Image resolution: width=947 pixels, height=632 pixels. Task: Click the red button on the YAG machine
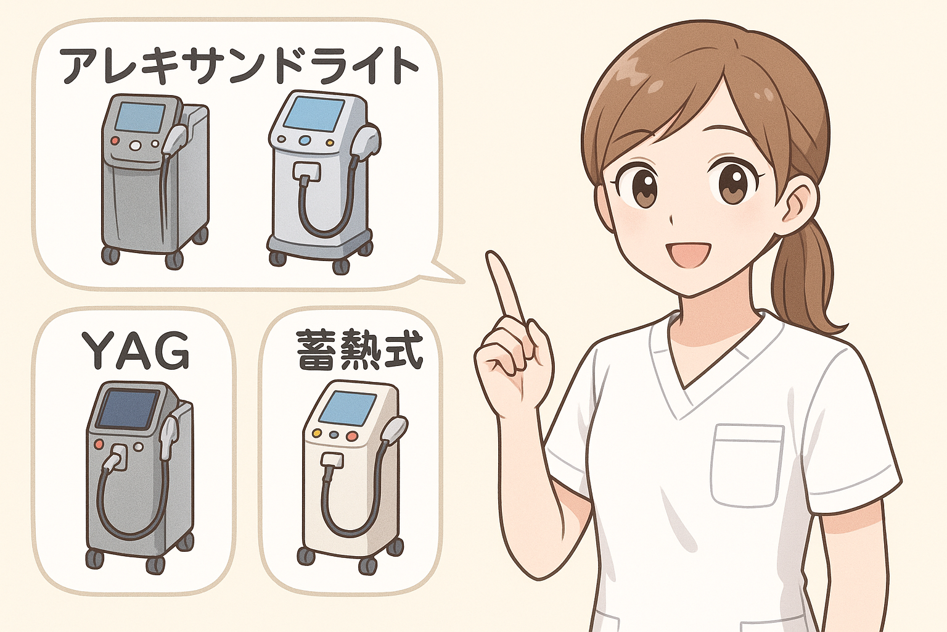tap(100, 444)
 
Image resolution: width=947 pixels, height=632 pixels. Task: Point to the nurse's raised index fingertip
tap(491, 256)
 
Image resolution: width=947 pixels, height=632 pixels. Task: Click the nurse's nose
tap(673, 220)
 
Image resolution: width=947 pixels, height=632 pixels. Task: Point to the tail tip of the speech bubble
tap(464, 281)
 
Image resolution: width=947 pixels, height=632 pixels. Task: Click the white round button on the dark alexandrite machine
tap(135, 146)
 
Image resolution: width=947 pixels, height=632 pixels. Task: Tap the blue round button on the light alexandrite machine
tap(304, 140)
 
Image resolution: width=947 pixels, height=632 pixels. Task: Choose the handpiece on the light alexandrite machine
tap(367, 142)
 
